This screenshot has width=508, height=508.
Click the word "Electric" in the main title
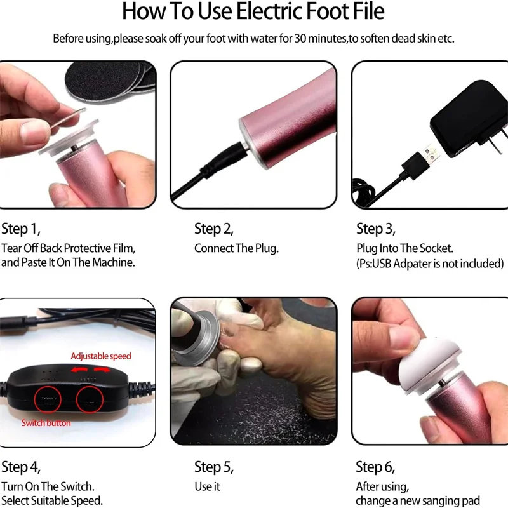point(269,11)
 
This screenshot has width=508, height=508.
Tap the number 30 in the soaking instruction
point(300,39)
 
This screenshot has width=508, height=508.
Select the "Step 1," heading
point(21,229)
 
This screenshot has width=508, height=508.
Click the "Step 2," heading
point(214,229)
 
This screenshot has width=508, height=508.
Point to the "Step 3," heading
point(376,229)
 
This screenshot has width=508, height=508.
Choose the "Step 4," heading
point(21,467)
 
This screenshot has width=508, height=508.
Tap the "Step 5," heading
point(214,467)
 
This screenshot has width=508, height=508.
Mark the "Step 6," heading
point(375,467)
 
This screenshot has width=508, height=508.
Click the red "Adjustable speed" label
point(101,356)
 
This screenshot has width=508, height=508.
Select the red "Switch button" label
point(46,423)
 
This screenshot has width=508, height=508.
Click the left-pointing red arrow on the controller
point(79,370)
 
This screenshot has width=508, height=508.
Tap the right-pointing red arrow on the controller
point(102,370)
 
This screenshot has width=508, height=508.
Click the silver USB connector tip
point(431,154)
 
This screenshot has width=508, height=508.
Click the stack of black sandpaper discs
point(110,79)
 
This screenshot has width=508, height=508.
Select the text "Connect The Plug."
point(236,248)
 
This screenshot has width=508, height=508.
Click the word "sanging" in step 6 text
point(431,501)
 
